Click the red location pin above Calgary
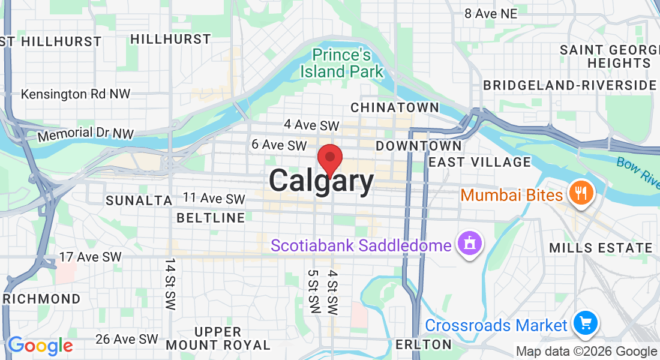[x=329, y=159]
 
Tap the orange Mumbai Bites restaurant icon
[x=581, y=193]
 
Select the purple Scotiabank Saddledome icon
[x=469, y=244]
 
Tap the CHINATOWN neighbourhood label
[x=395, y=107]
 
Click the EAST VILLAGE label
[x=480, y=162]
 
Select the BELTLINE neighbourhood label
[x=211, y=217]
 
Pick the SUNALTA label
[x=139, y=200]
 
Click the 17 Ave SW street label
[x=91, y=257]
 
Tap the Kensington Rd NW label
[x=76, y=94]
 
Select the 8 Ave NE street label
[x=490, y=13]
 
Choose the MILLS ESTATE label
[x=601, y=248]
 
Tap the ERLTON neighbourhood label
[x=424, y=344]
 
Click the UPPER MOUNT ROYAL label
[x=218, y=338]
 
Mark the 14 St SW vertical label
[x=170, y=284]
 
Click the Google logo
[x=40, y=346]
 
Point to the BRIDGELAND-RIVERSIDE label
[x=570, y=85]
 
